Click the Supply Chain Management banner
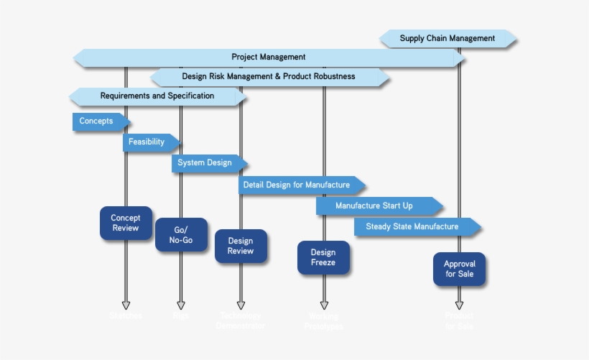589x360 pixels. coord(447,39)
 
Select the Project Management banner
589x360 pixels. coord(269,57)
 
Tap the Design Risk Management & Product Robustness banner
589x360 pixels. coord(269,76)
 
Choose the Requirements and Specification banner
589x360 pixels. coord(157,96)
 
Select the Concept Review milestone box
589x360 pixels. coord(126,223)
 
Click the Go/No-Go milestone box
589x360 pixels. coord(181,235)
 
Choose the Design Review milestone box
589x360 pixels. coord(241,246)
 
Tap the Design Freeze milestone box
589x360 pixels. coord(323,258)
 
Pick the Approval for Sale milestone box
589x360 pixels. coord(460,269)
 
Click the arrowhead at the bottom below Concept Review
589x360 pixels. coord(126,305)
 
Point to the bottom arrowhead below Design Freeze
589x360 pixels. coord(324,305)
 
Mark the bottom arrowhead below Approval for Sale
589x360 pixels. coord(460,305)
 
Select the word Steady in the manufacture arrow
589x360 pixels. coord(379,227)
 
